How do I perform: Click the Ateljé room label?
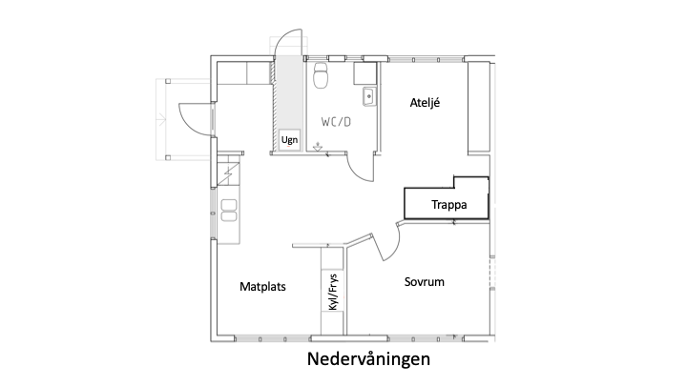click(x=425, y=103)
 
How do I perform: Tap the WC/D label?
click(x=336, y=122)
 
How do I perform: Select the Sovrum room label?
click(x=424, y=282)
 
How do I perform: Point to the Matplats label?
click(x=262, y=287)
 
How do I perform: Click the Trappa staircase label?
click(x=449, y=204)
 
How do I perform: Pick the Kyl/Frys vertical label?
click(x=333, y=292)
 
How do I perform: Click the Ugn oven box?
click(x=290, y=140)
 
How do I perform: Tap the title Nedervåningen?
click(x=368, y=359)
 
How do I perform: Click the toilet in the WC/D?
click(x=322, y=75)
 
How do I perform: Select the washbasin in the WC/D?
click(x=369, y=96)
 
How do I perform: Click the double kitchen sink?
click(x=229, y=210)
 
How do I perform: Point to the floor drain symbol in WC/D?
click(x=318, y=147)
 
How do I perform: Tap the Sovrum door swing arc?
click(x=395, y=247)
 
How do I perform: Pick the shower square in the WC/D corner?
click(x=364, y=73)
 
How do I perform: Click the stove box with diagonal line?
click(x=228, y=173)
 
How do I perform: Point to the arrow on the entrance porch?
click(x=161, y=119)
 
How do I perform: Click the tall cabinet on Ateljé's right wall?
click(x=478, y=108)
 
